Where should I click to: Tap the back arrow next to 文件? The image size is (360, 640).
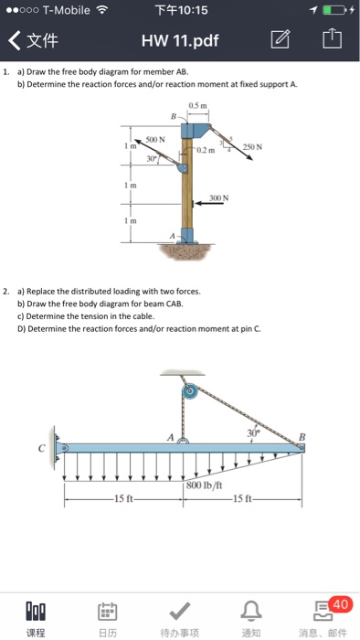(x=15, y=41)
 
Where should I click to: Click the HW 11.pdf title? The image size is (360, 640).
(x=180, y=40)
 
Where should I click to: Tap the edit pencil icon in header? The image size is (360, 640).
(x=281, y=39)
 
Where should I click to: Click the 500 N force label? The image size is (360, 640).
(x=155, y=140)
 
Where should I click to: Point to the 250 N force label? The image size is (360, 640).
(x=253, y=146)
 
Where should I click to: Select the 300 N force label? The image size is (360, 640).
(x=219, y=198)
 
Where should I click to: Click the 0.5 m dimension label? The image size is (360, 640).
(x=197, y=106)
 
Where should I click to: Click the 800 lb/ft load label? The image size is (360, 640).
(x=205, y=485)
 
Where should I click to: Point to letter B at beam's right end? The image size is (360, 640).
(x=302, y=437)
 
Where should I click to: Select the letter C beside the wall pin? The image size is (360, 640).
(x=42, y=449)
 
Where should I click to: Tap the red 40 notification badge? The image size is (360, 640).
(x=339, y=603)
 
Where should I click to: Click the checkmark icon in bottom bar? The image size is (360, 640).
(x=180, y=610)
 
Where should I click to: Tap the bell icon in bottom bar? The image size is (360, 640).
(x=250, y=611)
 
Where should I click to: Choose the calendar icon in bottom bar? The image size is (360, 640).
(x=108, y=611)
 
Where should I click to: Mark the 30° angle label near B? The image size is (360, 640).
(x=253, y=433)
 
